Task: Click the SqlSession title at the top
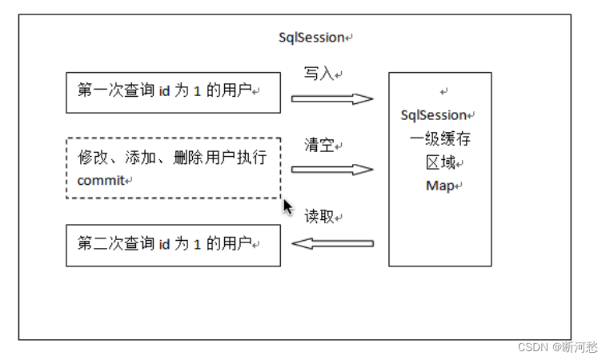tap(311, 38)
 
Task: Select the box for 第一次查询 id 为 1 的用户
tap(173, 92)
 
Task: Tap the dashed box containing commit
tap(173, 168)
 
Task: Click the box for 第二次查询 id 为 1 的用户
tap(173, 245)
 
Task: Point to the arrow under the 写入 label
tap(332, 99)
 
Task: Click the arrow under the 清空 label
tap(332, 170)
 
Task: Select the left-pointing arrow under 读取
tap(332, 242)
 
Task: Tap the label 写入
tap(319, 74)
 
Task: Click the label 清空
tap(319, 146)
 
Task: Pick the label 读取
tap(319, 217)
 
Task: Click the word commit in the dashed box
tap(101, 181)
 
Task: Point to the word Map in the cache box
tap(439, 186)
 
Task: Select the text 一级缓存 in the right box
tap(439, 139)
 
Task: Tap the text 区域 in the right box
tap(439, 163)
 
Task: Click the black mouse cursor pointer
tap(287, 206)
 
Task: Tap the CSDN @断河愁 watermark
tap(557, 347)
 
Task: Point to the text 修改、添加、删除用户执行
tap(171, 157)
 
